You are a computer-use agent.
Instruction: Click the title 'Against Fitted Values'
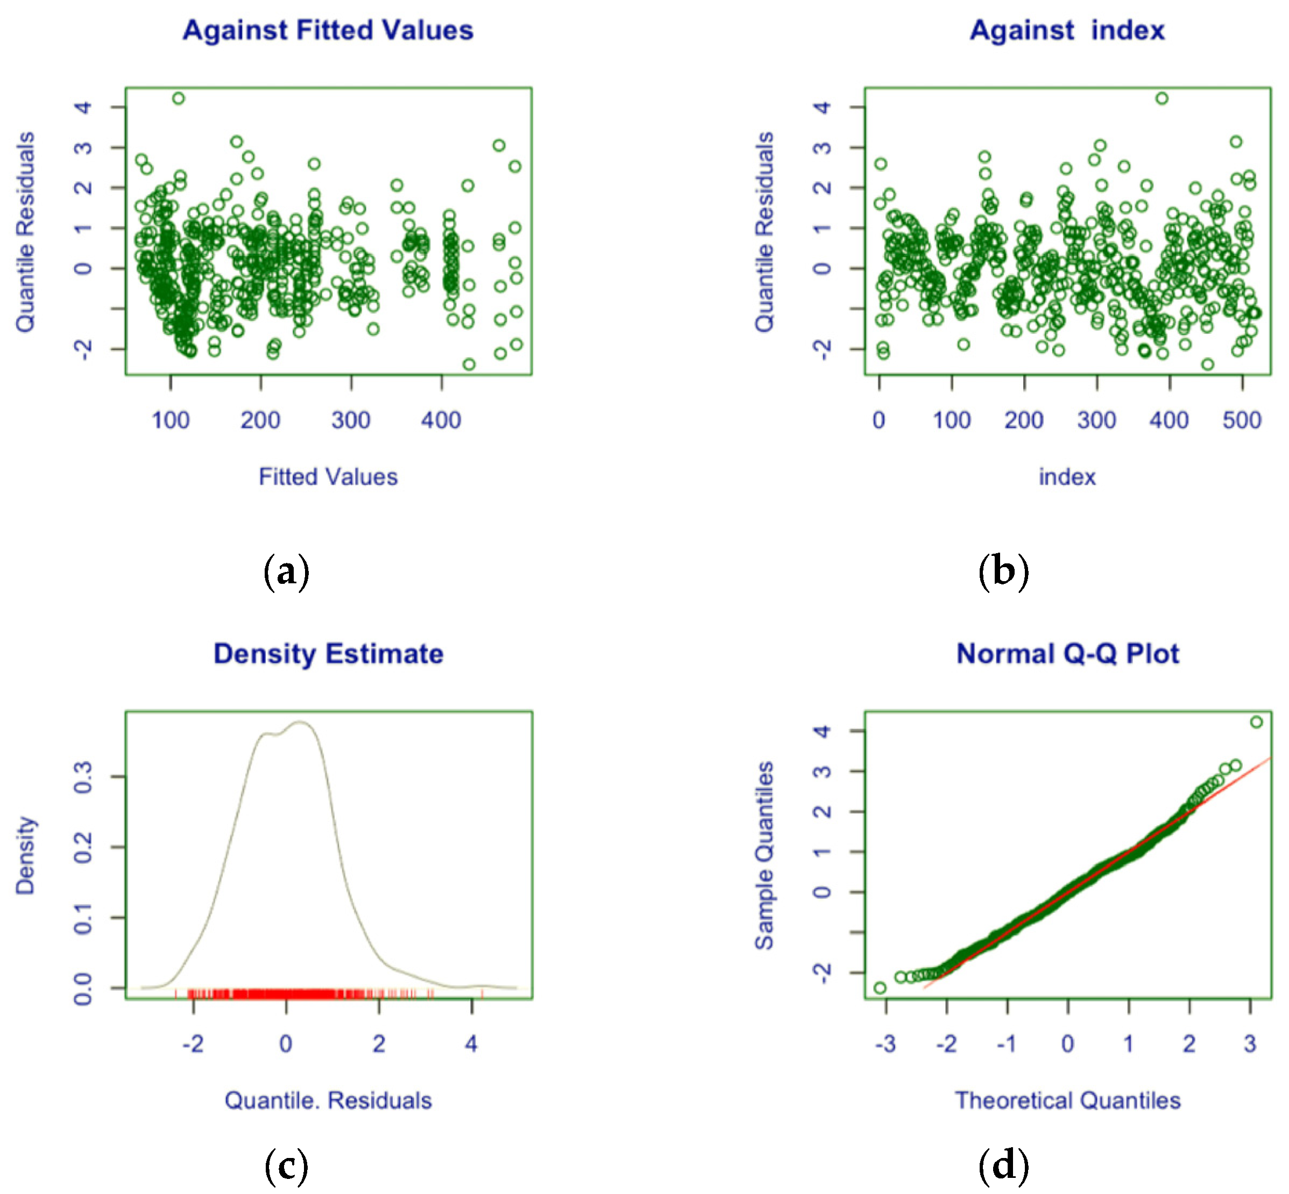click(x=328, y=30)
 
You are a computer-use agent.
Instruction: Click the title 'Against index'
click(x=1067, y=30)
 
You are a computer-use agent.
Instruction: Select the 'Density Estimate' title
click(x=328, y=654)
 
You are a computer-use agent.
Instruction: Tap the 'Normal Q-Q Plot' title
click(x=1067, y=654)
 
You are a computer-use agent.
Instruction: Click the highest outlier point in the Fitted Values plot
click(x=179, y=98)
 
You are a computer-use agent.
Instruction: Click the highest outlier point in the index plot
click(x=1161, y=98)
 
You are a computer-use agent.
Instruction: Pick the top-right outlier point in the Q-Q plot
click(x=1256, y=721)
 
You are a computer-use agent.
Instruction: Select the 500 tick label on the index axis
click(x=1241, y=420)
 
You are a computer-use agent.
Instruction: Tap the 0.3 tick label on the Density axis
click(x=83, y=776)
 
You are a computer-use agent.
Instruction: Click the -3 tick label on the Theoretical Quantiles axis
click(x=885, y=1044)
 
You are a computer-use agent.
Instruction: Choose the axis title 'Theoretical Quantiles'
click(x=1067, y=1100)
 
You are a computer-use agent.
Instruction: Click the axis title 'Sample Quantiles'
click(x=764, y=855)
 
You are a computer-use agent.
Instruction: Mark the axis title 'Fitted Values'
click(x=328, y=477)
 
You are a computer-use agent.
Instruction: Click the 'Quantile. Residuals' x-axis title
click(x=328, y=1100)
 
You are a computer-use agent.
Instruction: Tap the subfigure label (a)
click(x=286, y=571)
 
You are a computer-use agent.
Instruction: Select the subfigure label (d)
click(x=1003, y=1166)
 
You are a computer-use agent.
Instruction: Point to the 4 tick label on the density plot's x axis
click(x=471, y=1044)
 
